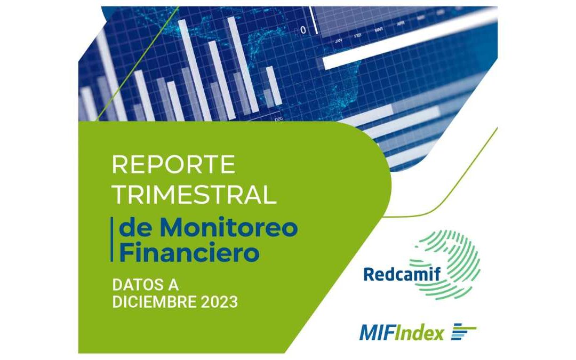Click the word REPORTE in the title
point(173,165)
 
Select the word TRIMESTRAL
point(194,195)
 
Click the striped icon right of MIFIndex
point(463,332)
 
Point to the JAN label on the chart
point(338,41)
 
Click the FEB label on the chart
point(358,36)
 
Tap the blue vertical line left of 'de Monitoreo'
point(113,240)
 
